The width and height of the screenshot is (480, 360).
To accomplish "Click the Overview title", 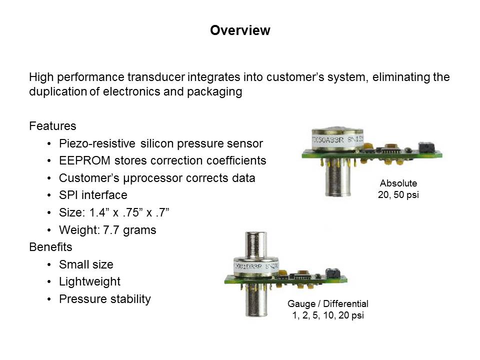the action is tap(240, 30).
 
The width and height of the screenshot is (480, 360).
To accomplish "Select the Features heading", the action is tap(52, 126).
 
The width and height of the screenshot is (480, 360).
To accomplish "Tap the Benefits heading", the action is tap(51, 246).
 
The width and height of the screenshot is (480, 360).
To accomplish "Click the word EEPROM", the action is tap(84, 160).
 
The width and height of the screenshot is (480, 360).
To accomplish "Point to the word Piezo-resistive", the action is tap(97, 143).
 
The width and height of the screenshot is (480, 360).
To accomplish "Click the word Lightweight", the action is tap(89, 281).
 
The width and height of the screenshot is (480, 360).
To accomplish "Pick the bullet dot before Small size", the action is tap(49, 265).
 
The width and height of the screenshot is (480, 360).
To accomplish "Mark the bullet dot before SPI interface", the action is tap(49, 195).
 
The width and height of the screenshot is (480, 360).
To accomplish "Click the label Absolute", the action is tap(398, 183).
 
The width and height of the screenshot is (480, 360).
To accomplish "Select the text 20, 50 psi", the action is tap(398, 194).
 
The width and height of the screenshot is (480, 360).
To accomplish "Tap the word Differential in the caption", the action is tap(345, 303).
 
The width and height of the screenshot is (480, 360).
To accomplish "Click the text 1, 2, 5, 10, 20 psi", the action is tap(328, 315).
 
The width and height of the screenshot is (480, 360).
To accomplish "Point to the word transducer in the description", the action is tap(156, 77).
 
